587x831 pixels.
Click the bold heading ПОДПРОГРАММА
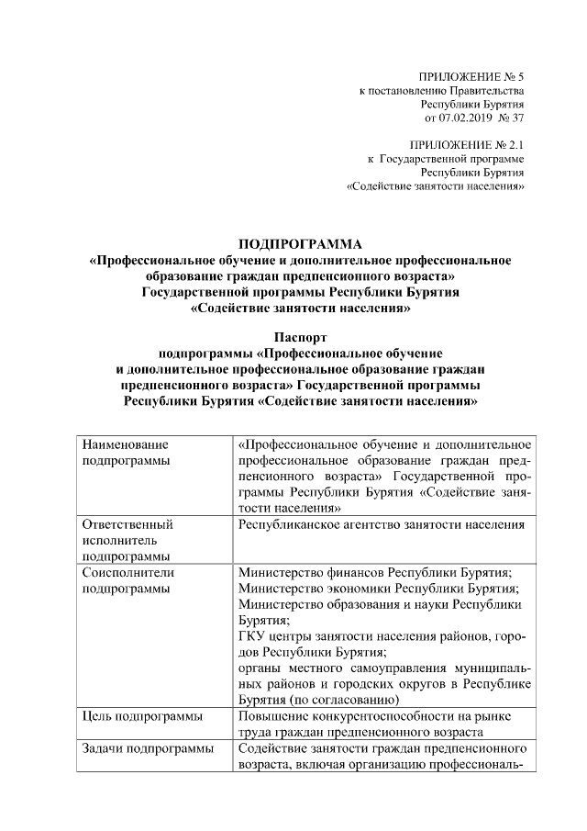pos(300,244)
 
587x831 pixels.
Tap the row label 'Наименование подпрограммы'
pos(126,453)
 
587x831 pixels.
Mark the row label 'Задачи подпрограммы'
pos(147,749)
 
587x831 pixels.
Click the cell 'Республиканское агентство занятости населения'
pos(380,525)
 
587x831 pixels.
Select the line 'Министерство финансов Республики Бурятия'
pos(374,571)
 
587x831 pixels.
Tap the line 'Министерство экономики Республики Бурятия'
pos(378,588)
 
